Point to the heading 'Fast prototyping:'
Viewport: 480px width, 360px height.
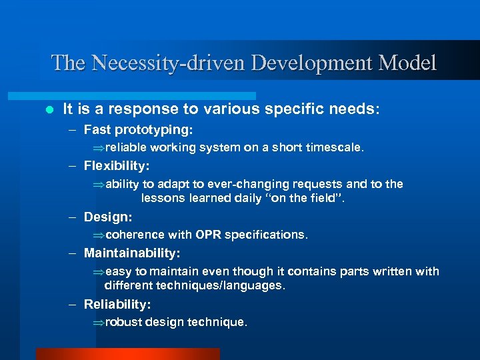138,129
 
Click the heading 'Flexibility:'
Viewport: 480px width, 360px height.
117,165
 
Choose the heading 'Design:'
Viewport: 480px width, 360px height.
108,217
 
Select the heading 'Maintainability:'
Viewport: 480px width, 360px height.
132,253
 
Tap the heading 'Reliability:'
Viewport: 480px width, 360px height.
117,305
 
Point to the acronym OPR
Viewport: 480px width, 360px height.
209,235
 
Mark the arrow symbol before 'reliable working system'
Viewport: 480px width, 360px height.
98,148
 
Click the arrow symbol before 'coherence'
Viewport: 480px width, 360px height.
98,235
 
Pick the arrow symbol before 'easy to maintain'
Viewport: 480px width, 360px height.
98,271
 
